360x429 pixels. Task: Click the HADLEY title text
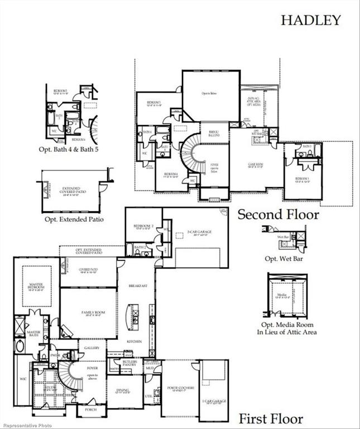click(x=310, y=20)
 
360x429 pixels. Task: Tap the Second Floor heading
click(x=279, y=214)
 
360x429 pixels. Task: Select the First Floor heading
click(x=271, y=418)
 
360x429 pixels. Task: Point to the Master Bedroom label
click(x=36, y=287)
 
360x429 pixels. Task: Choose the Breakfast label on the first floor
click(x=137, y=286)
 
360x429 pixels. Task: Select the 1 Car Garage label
click(x=214, y=401)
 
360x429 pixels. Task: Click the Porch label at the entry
click(x=91, y=409)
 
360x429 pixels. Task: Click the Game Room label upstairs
click(x=255, y=165)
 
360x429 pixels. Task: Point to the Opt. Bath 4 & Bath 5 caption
click(x=71, y=149)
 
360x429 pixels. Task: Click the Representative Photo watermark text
click(x=25, y=425)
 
